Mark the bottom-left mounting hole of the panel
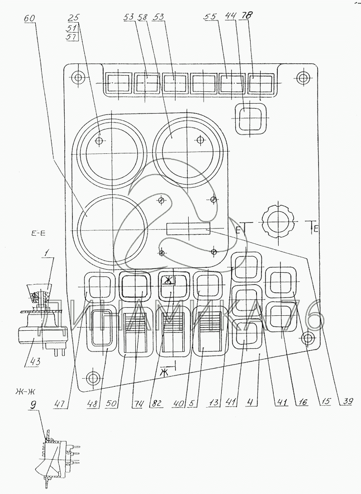tap(94, 377)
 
